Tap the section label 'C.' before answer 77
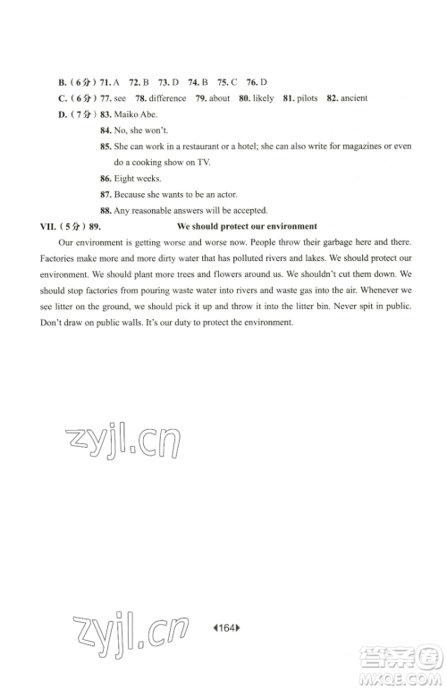tap(63, 98)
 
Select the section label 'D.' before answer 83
tap(63, 114)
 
